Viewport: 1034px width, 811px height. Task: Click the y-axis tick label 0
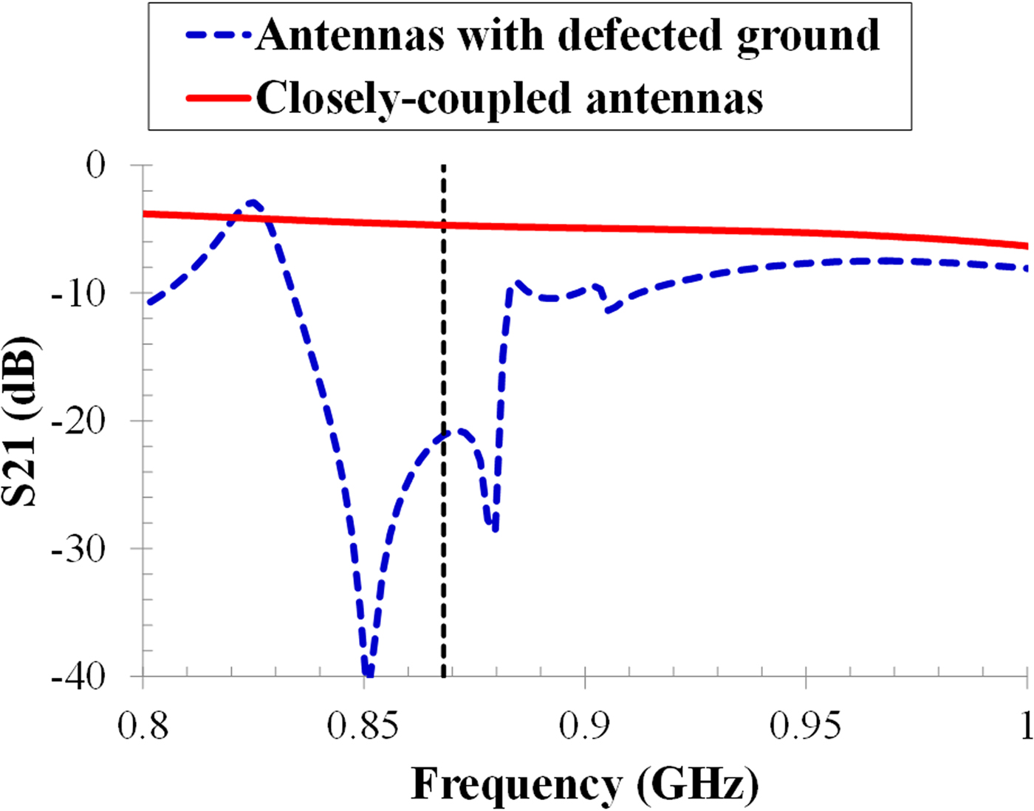[96, 165]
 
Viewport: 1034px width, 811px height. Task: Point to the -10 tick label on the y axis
[78, 293]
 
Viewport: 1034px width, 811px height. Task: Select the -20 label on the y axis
[78, 421]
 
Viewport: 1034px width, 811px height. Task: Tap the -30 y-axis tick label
[78, 549]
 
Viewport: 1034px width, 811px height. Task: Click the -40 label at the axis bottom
[78, 676]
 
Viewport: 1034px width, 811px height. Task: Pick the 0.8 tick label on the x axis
[143, 725]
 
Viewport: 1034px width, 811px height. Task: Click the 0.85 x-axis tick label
[363, 725]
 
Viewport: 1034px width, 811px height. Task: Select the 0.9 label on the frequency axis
[584, 725]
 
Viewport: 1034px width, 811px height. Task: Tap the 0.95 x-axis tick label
[805, 725]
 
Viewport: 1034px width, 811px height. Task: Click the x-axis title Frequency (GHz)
[584, 784]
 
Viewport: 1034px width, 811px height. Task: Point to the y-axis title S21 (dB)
[20, 421]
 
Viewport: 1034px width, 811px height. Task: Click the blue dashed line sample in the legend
[219, 35]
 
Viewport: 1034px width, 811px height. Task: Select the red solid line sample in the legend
[219, 97]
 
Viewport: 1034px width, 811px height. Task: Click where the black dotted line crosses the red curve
[443, 225]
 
